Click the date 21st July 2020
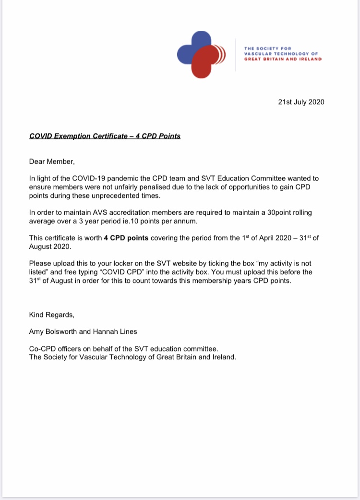[x=301, y=102]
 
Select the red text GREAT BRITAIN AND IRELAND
[x=283, y=59]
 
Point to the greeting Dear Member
[x=52, y=161]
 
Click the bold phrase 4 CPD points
[x=126, y=238]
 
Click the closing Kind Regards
[x=52, y=315]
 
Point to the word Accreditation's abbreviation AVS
[x=102, y=212]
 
